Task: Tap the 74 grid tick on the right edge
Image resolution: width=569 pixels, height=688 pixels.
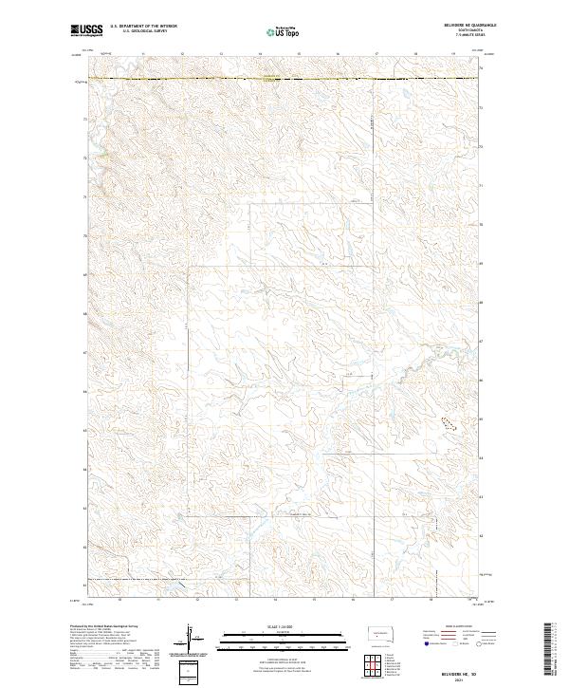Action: [x=482, y=68]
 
